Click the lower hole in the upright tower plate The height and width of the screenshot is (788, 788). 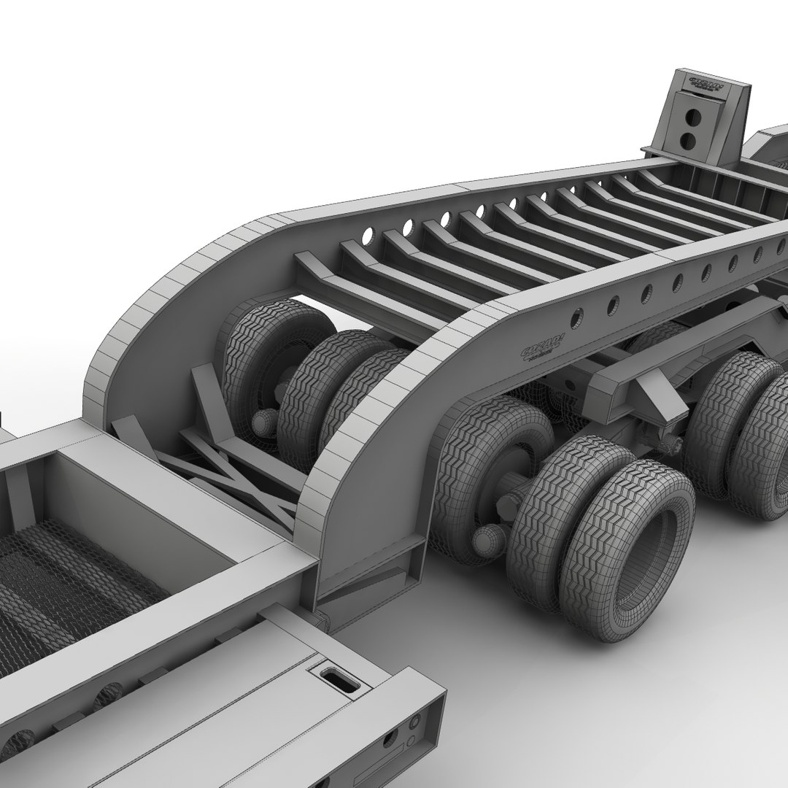pyautogui.click(x=687, y=138)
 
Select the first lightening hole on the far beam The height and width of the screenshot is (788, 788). pyautogui.click(x=368, y=236)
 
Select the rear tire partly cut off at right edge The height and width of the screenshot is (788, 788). pyautogui.click(x=762, y=452)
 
